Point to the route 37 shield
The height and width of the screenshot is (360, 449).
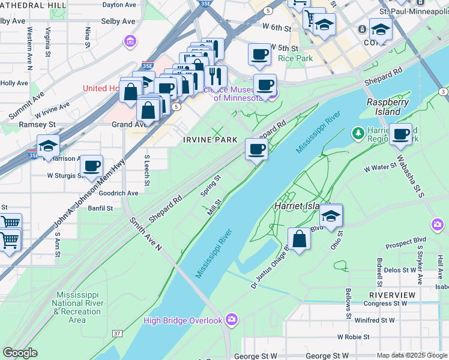pos(117,333)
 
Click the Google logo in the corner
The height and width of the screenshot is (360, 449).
pos(20,353)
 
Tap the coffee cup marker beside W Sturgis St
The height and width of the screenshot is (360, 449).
pos(91,166)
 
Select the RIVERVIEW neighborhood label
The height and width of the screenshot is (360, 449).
pos(392,295)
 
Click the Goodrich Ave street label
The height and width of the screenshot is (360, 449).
pos(118,193)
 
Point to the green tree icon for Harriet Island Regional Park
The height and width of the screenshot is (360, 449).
pos(358,132)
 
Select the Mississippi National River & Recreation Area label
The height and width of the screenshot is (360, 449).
pos(77,307)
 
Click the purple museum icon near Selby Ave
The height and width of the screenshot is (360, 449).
pos(130,41)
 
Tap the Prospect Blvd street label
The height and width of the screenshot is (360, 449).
pos(406,245)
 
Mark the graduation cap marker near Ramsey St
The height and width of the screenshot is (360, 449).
pos(47,146)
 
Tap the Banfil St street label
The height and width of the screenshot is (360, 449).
pos(101,208)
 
